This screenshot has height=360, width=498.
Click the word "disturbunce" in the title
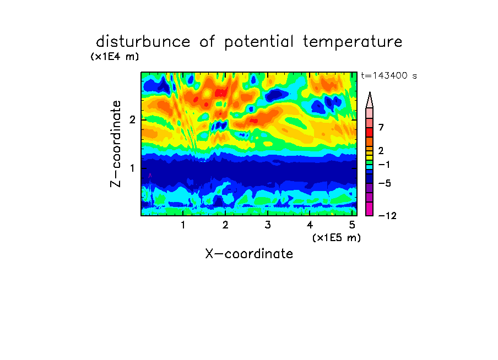[143, 42]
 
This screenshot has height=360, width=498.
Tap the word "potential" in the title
[259, 42]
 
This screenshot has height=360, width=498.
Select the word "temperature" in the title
[353, 42]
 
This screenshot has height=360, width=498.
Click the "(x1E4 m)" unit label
[115, 57]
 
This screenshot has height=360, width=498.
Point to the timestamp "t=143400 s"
[389, 75]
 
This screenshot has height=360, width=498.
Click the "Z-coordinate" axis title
[116, 144]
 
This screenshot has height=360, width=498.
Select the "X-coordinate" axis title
[249, 254]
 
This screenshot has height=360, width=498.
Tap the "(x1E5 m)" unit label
[337, 238]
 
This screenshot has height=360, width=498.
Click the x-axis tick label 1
[183, 225]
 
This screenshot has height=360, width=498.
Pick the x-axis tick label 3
[268, 225]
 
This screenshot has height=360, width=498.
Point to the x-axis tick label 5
[352, 225]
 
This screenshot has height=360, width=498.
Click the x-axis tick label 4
[310, 225]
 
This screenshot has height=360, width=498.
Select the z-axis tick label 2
[132, 120]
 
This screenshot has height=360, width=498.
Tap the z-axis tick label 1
[132, 168]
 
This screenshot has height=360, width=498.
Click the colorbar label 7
[381, 127]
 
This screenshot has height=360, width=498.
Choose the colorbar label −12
[387, 216]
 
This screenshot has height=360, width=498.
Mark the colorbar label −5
[385, 183]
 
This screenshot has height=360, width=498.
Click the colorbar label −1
[384, 165]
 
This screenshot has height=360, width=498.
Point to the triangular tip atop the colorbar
[370, 92]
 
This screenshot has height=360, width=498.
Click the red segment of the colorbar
[370, 132]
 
